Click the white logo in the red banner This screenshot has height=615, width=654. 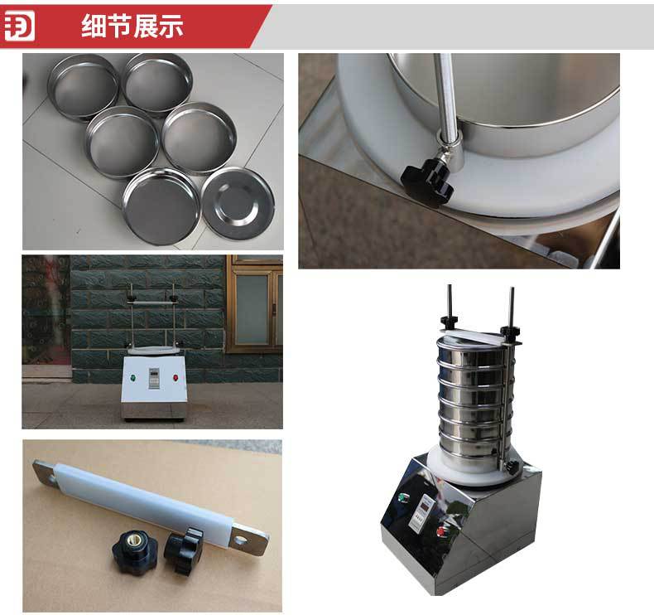(x=20, y=26)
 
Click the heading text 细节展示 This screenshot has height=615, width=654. (x=132, y=27)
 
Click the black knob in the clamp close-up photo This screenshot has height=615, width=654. (x=430, y=177)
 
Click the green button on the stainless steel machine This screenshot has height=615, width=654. (x=401, y=498)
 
